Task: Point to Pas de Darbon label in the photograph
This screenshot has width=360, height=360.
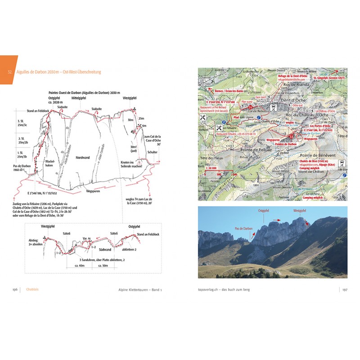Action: tap(244, 229)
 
